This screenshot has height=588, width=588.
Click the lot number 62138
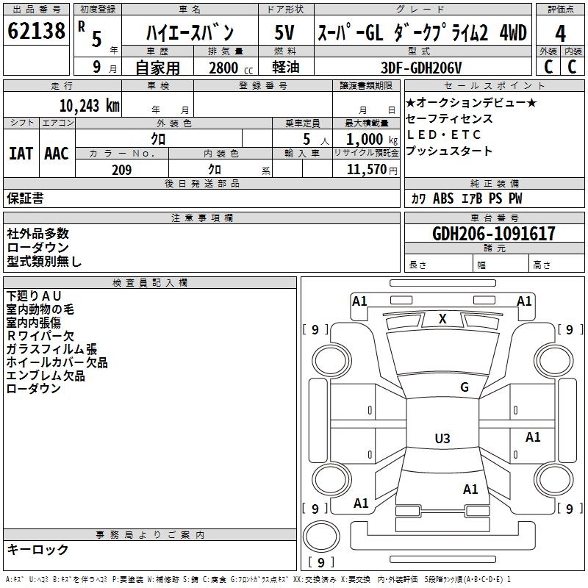[35, 32]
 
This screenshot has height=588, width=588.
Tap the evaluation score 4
[561, 33]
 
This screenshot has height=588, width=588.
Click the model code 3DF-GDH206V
[422, 68]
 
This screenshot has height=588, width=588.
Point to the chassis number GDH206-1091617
[494, 234]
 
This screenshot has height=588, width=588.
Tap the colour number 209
[121, 170]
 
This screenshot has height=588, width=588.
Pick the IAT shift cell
[21, 153]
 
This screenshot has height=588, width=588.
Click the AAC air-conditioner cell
[57, 153]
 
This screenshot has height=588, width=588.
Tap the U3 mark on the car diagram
[442, 439]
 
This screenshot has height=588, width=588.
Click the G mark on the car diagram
[464, 387]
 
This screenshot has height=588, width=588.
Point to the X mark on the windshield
[442, 319]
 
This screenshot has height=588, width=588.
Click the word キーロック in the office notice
[38, 549]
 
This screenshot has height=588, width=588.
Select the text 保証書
[25, 198]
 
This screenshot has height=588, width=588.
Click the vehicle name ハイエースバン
[190, 33]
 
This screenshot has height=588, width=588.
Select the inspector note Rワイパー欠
[40, 336]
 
